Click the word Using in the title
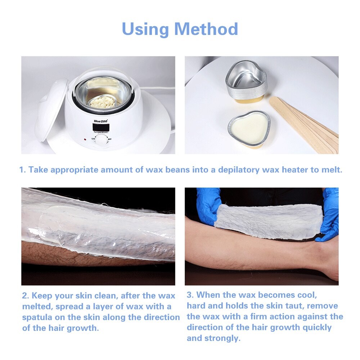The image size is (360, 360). pos(145,29)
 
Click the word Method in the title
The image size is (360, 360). pos(206,29)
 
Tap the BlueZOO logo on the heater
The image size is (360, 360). pos(101,121)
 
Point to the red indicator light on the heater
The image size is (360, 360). pos(85,139)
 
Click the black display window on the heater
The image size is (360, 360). pos(100,127)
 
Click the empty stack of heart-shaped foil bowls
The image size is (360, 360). pos(246,81)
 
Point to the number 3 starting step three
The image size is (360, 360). pos(189,295)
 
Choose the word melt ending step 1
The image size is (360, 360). pos(331,170)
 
